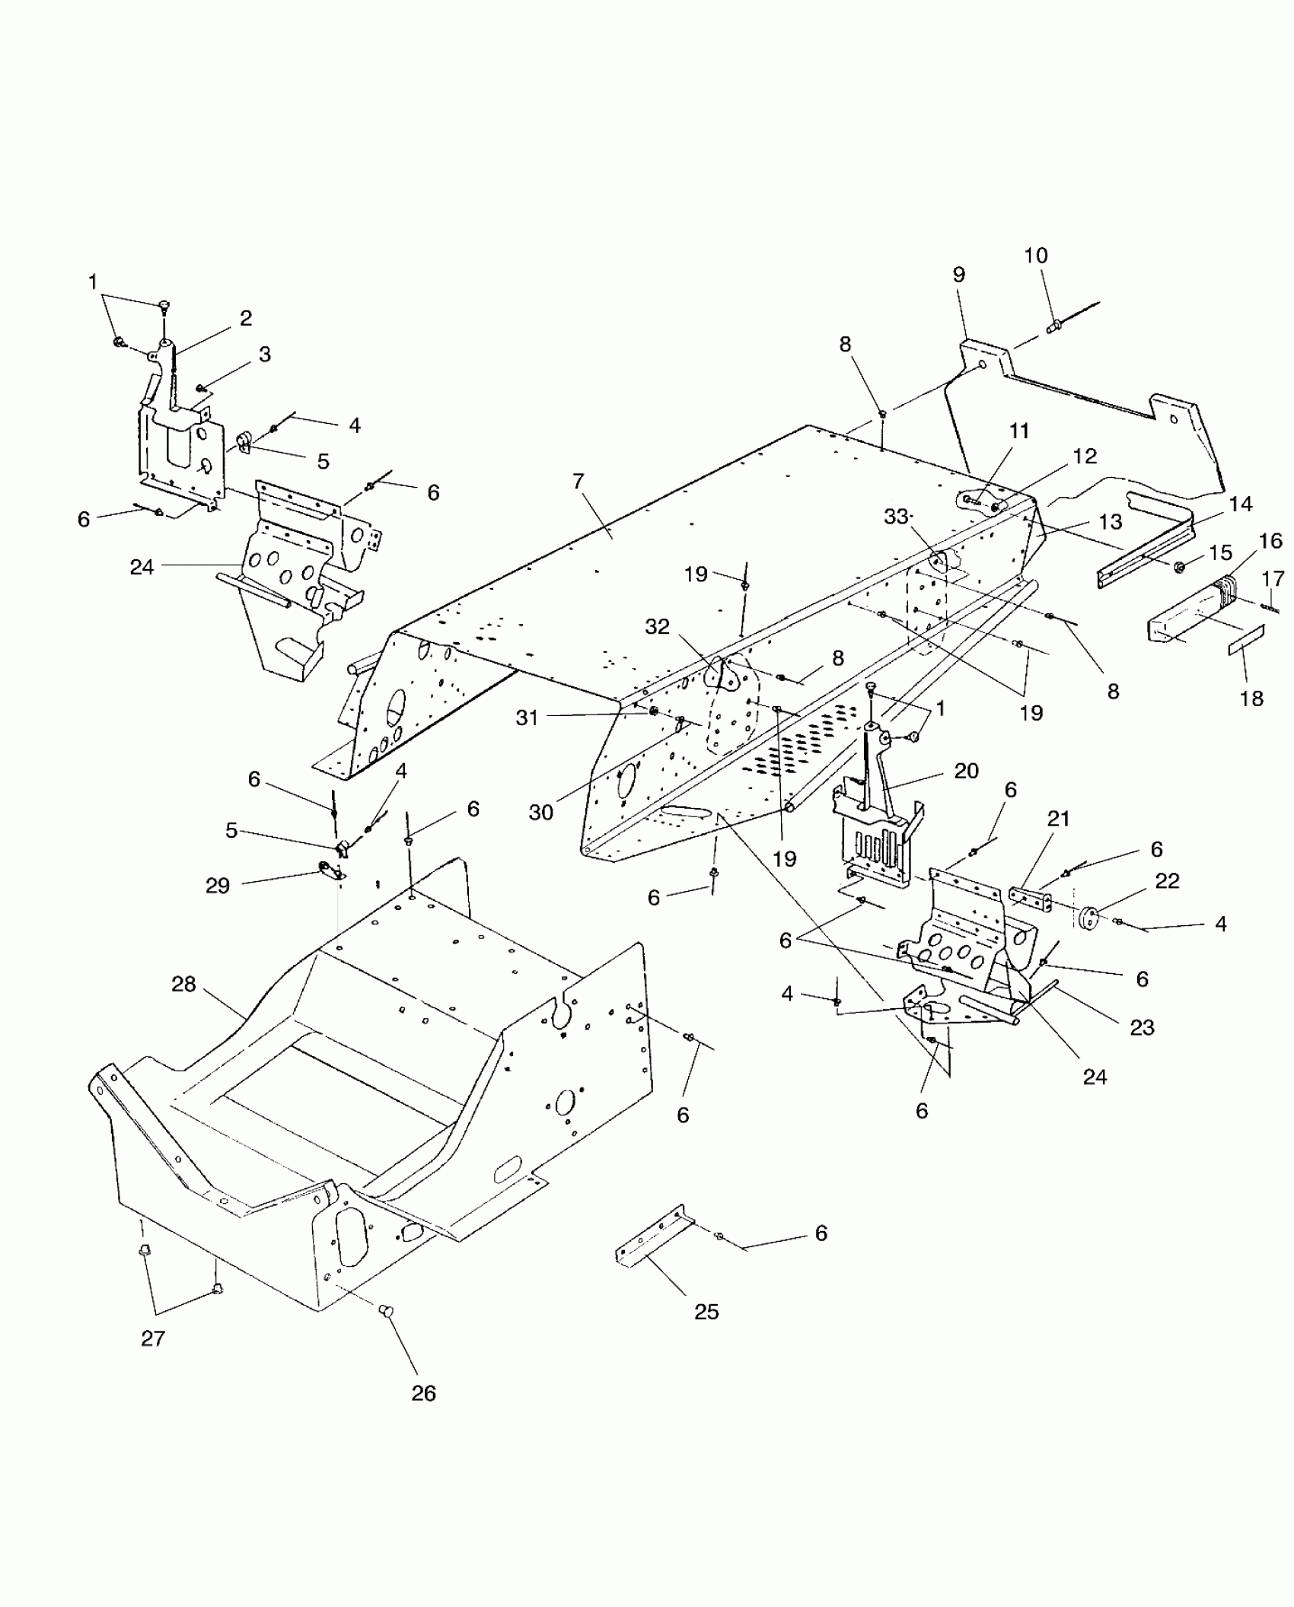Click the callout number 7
pyautogui.click(x=578, y=482)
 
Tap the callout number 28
pyautogui.click(x=183, y=985)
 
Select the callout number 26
pyautogui.click(x=424, y=1393)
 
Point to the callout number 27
pyautogui.click(x=153, y=1338)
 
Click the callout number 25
pyautogui.click(x=706, y=1312)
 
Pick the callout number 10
pyautogui.click(x=1036, y=256)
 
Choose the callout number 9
pyautogui.click(x=958, y=275)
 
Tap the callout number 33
pyautogui.click(x=897, y=517)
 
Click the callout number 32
pyautogui.click(x=657, y=626)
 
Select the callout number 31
pyautogui.click(x=527, y=717)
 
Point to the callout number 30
pyautogui.click(x=540, y=813)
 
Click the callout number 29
pyautogui.click(x=218, y=886)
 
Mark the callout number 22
pyautogui.click(x=1167, y=881)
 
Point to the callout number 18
pyautogui.click(x=1251, y=698)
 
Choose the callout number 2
pyautogui.click(x=245, y=318)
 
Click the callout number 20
pyautogui.click(x=966, y=771)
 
